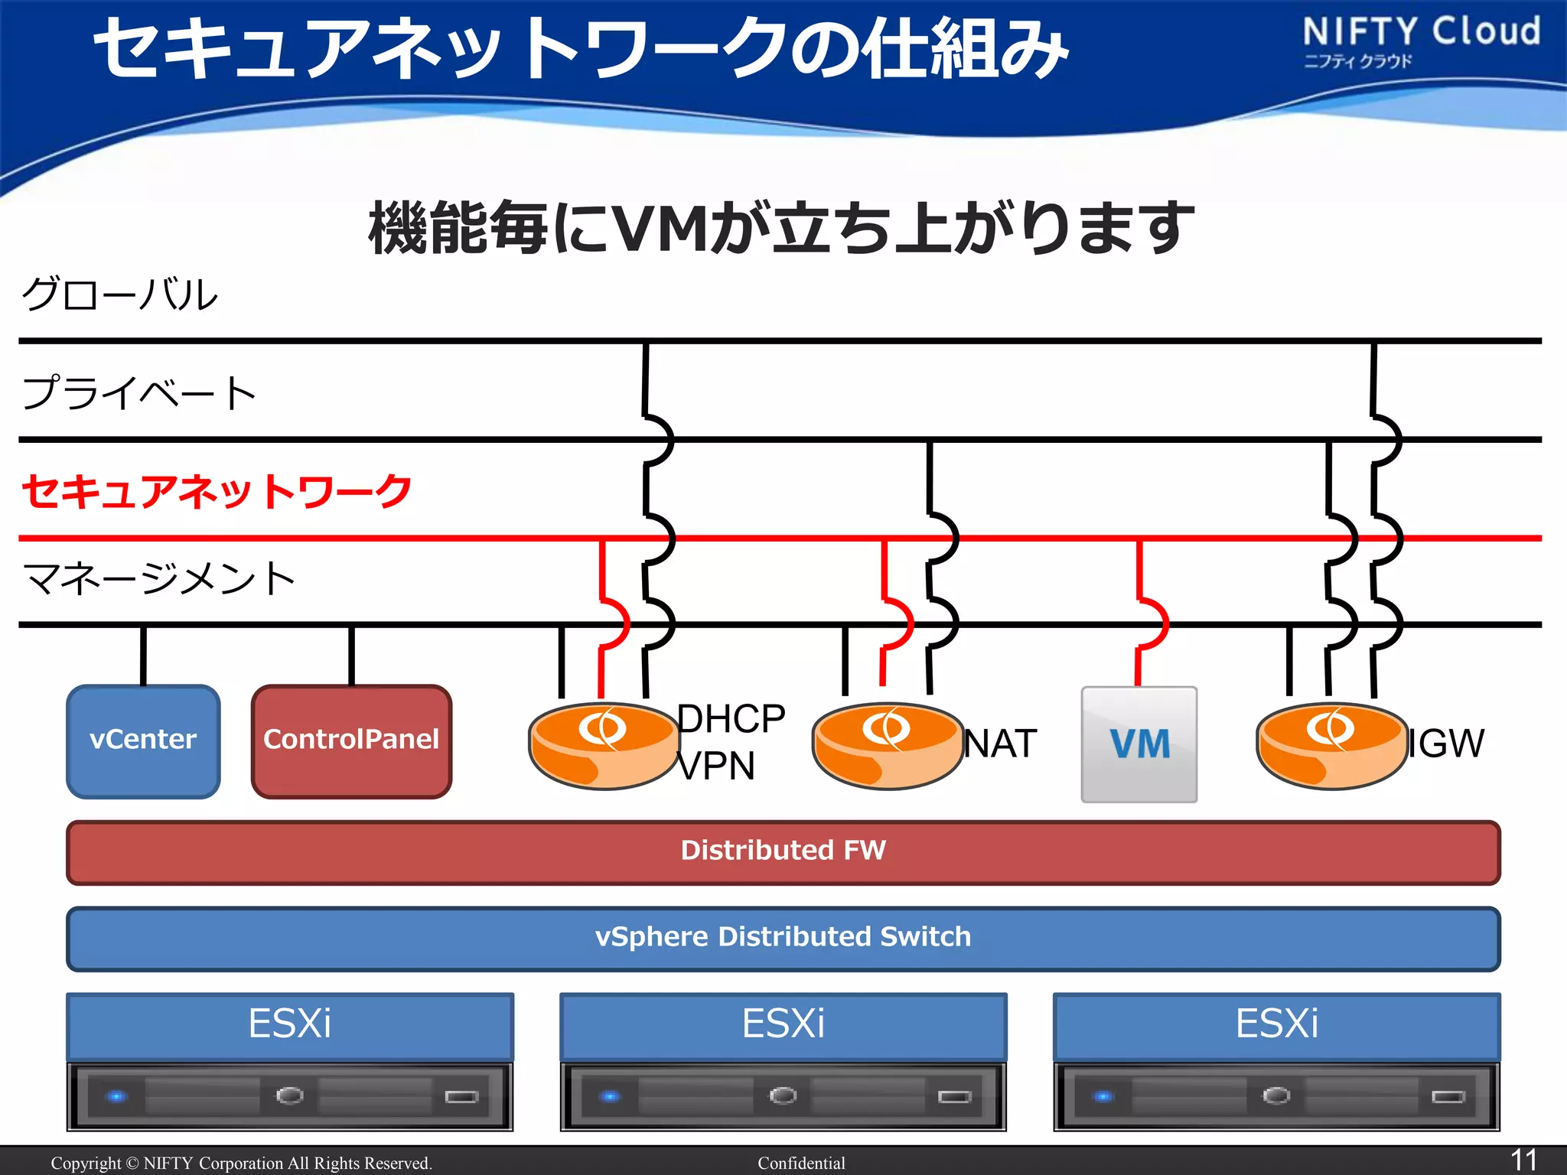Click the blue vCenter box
coord(143,740)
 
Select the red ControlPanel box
coord(351,740)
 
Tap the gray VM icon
coord(1139,744)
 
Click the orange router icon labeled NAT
coord(887,745)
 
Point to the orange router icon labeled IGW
coord(1331,745)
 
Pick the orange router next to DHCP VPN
coord(604,745)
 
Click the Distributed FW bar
coord(783,851)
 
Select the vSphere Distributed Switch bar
coord(783,938)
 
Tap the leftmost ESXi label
coord(289,1024)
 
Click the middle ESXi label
coord(783,1024)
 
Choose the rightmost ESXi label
coord(1276,1024)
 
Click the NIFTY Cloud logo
coord(1421,40)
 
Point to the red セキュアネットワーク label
coord(217,491)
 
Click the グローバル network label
coord(120,295)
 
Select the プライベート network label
coord(138,392)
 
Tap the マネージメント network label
coord(159,578)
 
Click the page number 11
coord(1523,1160)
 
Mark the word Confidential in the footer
coord(801,1163)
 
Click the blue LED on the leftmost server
coord(116,1096)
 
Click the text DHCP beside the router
coord(731,719)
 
